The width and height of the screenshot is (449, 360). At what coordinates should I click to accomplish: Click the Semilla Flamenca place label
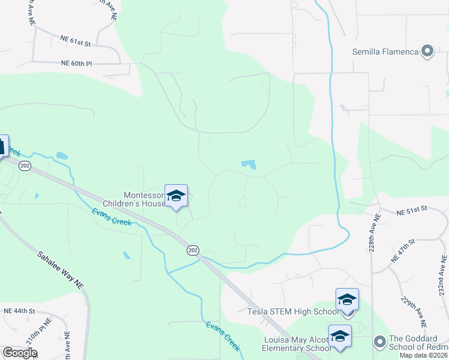click(385, 52)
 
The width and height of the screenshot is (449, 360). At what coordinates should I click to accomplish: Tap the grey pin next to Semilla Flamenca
click(427, 51)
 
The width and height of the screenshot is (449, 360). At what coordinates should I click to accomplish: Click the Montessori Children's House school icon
click(176, 196)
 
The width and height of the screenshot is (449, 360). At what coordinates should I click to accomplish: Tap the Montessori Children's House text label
click(144, 199)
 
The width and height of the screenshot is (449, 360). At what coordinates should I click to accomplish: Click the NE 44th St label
click(20, 311)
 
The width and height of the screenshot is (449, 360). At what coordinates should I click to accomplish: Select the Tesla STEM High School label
click(293, 311)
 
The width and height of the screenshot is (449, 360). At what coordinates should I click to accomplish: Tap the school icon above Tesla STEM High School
click(347, 299)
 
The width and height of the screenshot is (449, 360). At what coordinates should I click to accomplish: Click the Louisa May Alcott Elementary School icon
click(340, 335)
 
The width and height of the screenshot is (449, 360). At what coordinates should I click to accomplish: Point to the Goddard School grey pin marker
click(379, 342)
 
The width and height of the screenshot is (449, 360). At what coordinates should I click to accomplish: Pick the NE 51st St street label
click(411, 211)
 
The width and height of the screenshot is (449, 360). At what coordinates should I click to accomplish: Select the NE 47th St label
click(403, 251)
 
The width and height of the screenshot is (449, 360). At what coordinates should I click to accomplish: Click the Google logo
click(20, 353)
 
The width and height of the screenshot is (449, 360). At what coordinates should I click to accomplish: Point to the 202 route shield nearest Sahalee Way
click(25, 166)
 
